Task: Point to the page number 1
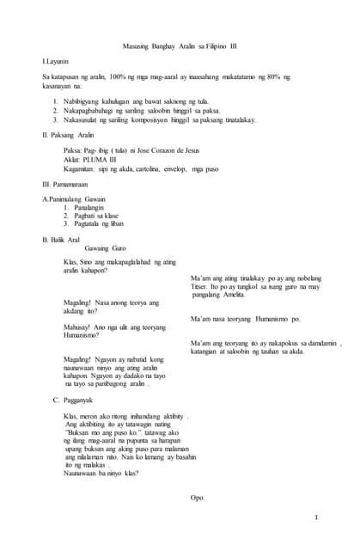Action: pos(316,517)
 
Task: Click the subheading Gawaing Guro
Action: pos(105,247)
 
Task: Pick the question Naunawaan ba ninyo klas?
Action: pos(101,473)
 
